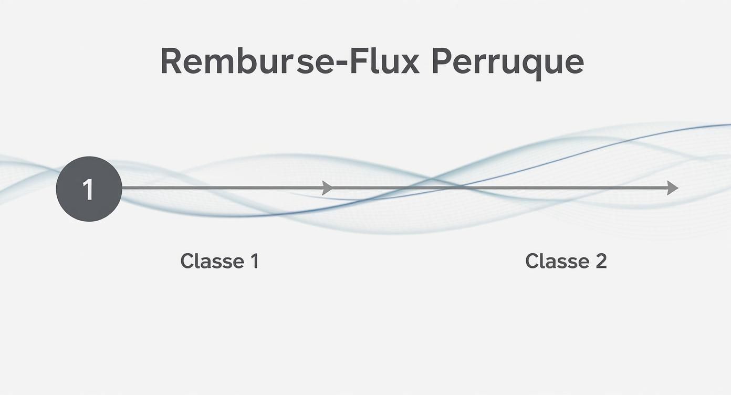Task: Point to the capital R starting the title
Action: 172,62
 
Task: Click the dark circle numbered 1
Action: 89,189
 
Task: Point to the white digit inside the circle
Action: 88,189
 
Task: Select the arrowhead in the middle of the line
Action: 327,188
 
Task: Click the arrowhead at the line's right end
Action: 672,188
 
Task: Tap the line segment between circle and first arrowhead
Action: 221,188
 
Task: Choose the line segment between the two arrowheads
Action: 499,188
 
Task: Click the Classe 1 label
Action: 220,261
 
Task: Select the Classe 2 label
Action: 566,261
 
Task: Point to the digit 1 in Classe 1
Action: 254,261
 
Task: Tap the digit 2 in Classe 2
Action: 601,261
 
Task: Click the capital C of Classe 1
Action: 187,261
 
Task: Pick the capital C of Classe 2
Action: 532,261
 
